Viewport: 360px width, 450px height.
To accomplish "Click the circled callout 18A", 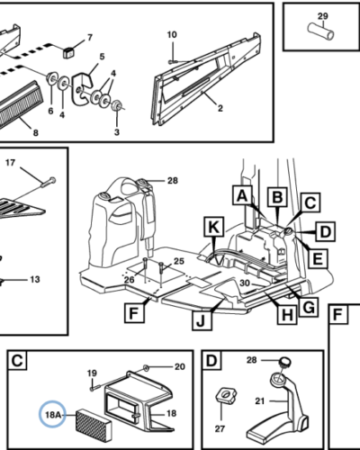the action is pos(52,414).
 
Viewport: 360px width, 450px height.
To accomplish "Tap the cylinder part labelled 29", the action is pos(320,31).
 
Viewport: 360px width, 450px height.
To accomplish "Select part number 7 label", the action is pos(90,38).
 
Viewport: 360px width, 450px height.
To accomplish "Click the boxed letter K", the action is pos(213,227).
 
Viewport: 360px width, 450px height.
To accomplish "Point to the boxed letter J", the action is pos(202,320).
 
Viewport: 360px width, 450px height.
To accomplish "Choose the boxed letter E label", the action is pos(318,258).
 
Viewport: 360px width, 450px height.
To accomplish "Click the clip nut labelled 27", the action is pos(226,397).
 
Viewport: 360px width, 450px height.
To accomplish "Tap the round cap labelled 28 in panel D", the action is pos(285,361).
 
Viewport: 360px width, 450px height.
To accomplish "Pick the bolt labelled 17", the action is pos(48,182).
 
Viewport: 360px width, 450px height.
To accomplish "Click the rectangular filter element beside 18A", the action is pos(94,423).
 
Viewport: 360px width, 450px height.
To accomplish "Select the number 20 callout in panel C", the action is pos(179,367).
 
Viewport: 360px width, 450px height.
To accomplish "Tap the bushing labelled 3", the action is pos(116,105).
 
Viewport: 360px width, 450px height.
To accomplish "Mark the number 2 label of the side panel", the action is pos(220,108).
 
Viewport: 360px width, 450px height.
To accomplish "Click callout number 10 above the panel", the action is pos(172,35).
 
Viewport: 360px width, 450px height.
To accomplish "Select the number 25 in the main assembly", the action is pos(179,261).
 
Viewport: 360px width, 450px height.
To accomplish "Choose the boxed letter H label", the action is pos(287,315).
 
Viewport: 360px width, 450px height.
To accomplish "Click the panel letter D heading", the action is pos(211,360).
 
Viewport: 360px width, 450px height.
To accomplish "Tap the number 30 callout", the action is pos(245,283).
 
